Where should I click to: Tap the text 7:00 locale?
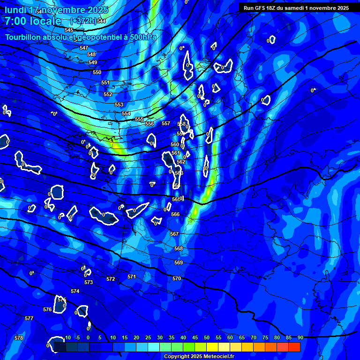tap(33, 21)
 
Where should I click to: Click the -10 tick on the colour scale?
tap(66, 338)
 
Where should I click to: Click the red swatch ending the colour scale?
tap(294, 347)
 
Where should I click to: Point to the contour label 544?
tap(101, 22)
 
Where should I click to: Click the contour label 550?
tap(97, 72)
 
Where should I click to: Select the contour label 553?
tap(119, 105)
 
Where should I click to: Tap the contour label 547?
tap(84, 48)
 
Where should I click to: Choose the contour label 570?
tap(177, 278)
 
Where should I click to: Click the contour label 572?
tap(111, 279)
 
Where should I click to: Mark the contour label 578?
tap(19, 338)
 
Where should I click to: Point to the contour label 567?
tap(174, 233)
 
